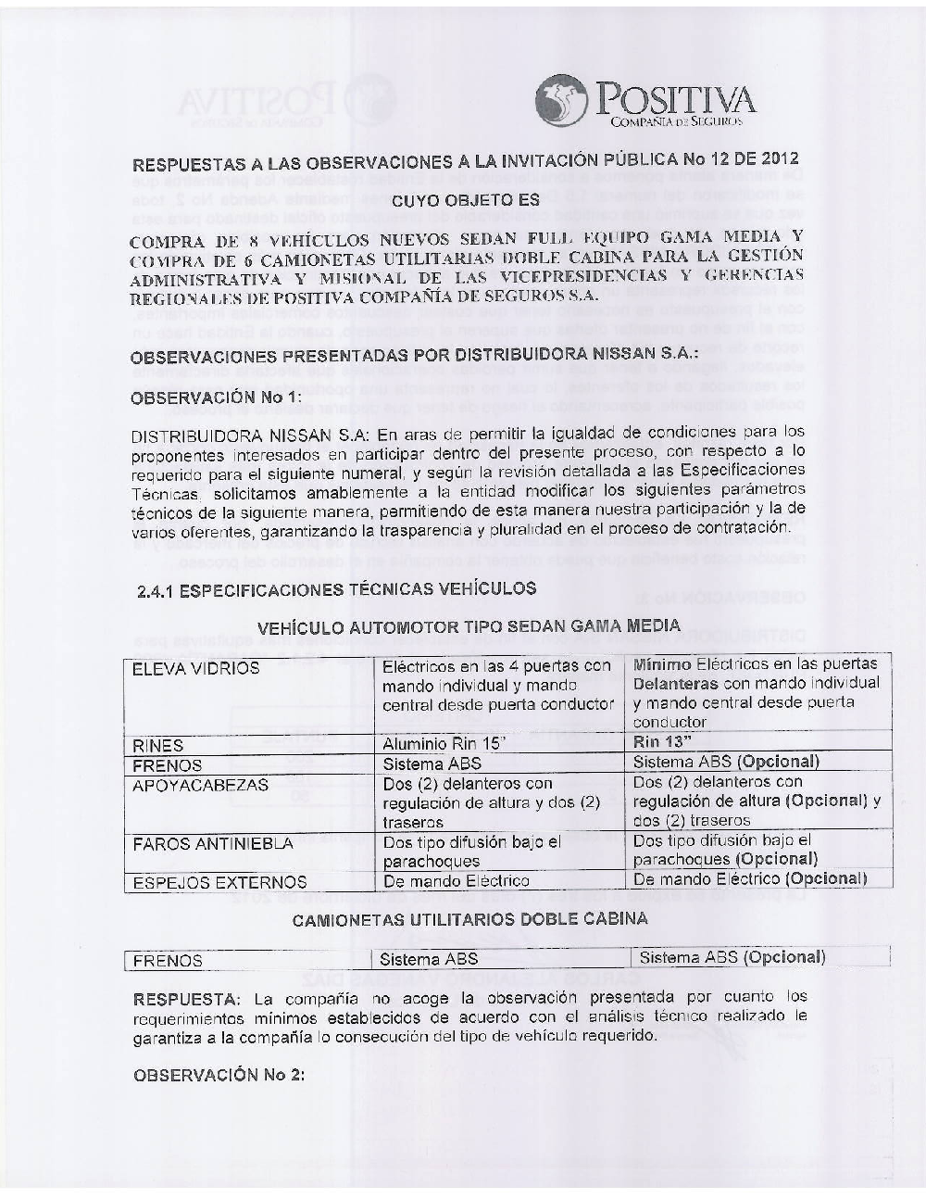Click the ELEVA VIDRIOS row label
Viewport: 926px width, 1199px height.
point(183,669)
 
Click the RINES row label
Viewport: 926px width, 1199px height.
point(158,745)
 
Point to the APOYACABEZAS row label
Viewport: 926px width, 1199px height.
point(200,785)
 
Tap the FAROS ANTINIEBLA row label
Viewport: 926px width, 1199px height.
point(213,844)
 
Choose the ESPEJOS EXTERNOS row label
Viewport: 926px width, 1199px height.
point(219,882)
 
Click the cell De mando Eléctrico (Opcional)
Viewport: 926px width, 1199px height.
point(750,878)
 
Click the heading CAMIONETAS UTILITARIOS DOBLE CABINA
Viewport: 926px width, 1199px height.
point(469,919)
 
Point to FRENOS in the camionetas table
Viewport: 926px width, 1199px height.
point(168,961)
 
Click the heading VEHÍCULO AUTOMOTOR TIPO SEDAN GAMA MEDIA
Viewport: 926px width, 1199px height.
point(469,626)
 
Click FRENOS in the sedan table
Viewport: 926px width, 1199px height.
point(161,765)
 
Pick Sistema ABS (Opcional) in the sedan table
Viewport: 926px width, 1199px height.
point(726,763)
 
